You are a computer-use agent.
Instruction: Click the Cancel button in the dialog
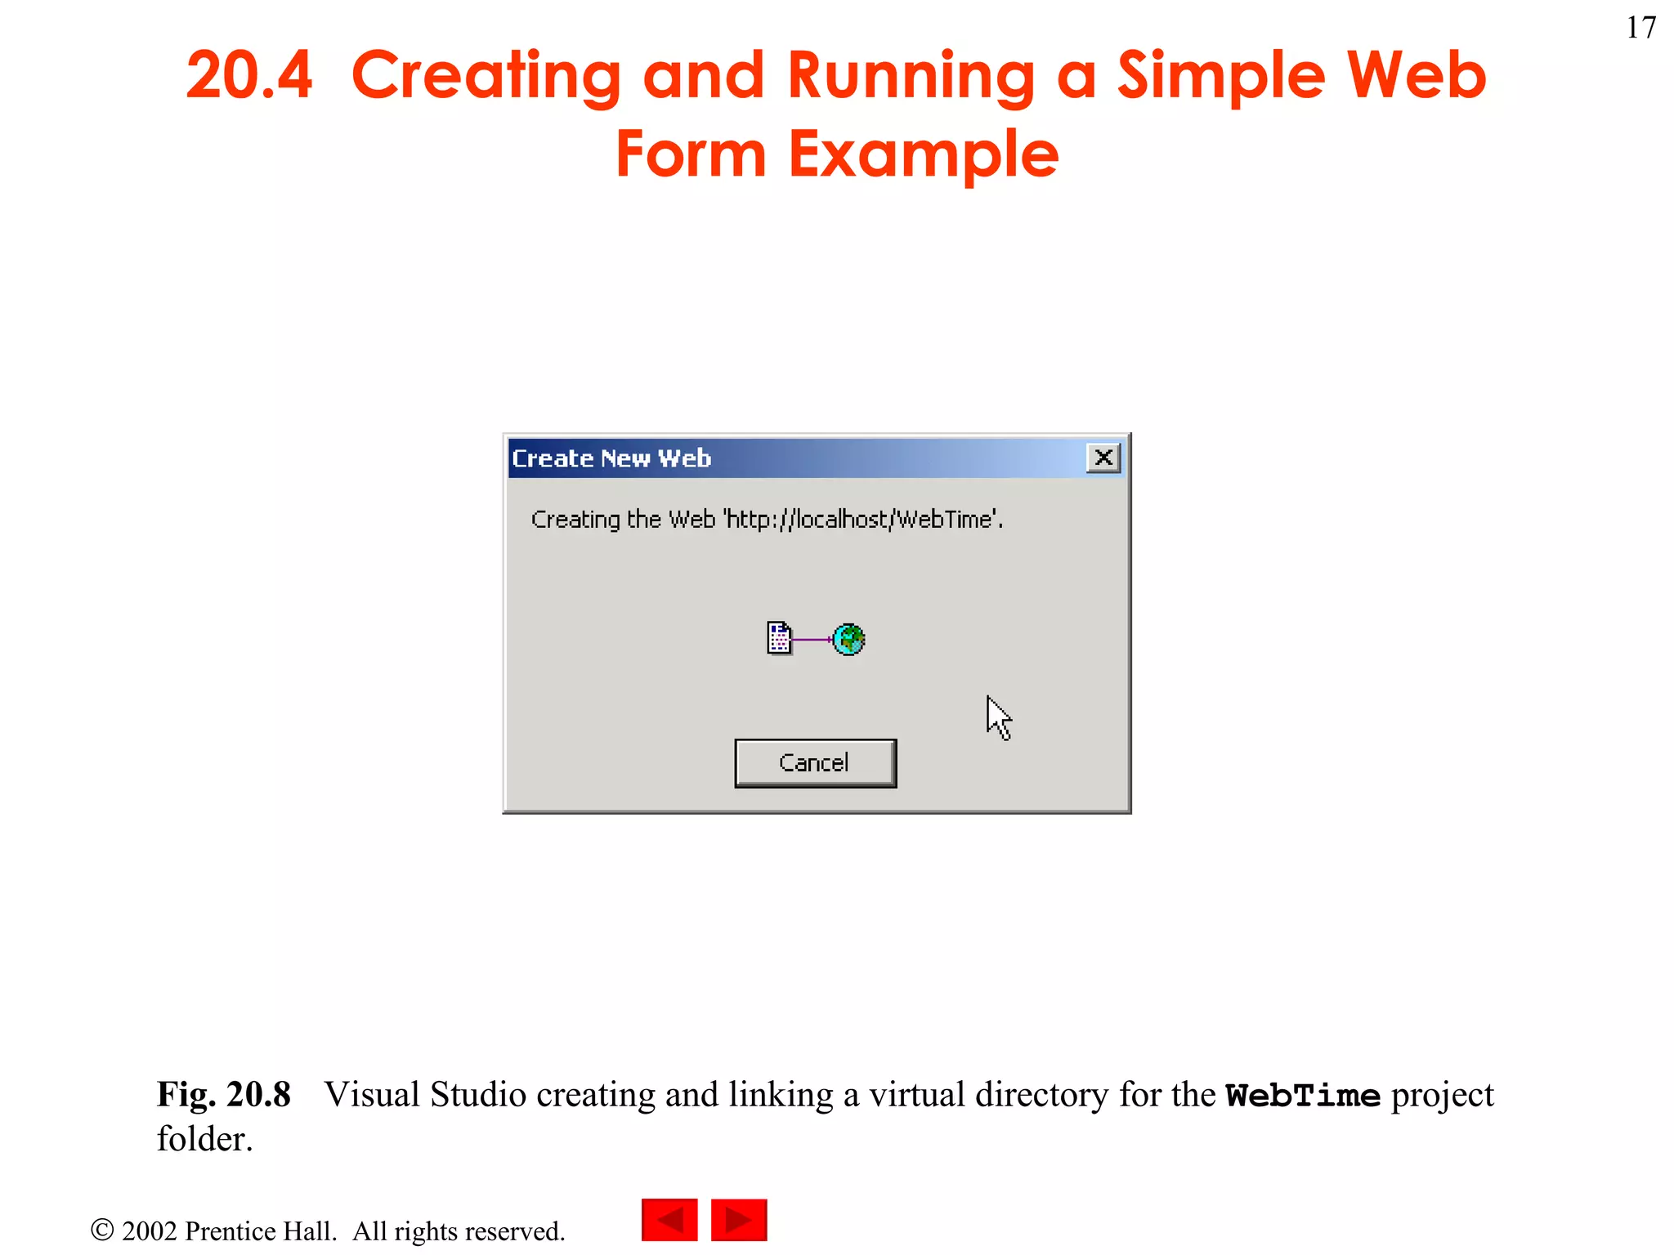pyautogui.click(x=815, y=763)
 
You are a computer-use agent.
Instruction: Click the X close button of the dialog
pyautogui.click(x=1103, y=458)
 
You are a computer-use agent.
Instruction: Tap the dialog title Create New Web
pyautogui.click(x=611, y=458)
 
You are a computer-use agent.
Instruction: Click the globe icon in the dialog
pyautogui.click(x=849, y=639)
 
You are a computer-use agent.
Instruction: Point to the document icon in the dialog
pyautogui.click(x=779, y=638)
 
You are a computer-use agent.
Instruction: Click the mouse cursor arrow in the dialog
pyautogui.click(x=997, y=717)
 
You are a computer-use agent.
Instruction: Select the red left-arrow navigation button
pyautogui.click(x=669, y=1220)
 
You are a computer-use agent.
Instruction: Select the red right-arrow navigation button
pyautogui.click(x=739, y=1220)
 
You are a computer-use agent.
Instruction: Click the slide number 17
pyautogui.click(x=1640, y=29)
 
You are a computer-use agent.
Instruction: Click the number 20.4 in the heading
pyautogui.click(x=249, y=75)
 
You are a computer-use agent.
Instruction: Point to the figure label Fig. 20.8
pyautogui.click(x=223, y=1095)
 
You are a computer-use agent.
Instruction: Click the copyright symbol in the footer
pyautogui.click(x=102, y=1230)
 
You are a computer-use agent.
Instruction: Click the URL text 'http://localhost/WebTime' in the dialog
pyautogui.click(x=862, y=520)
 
